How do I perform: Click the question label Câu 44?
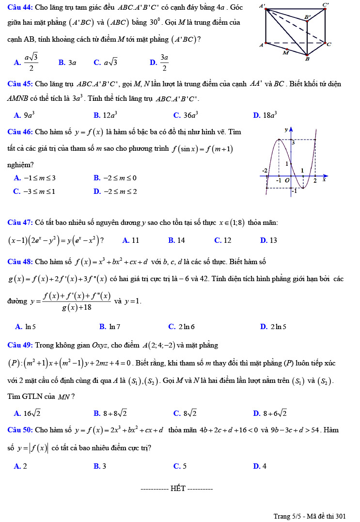(x=20, y=8)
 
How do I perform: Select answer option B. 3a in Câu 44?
(x=67, y=63)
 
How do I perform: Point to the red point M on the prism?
(x=287, y=49)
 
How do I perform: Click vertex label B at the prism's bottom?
(x=307, y=60)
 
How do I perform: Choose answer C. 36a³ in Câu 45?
(x=186, y=115)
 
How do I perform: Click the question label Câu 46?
(x=20, y=132)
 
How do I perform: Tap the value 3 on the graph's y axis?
(x=293, y=143)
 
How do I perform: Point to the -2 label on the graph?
(x=265, y=171)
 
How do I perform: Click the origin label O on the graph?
(x=287, y=180)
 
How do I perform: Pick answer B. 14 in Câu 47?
(x=176, y=240)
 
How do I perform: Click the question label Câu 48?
(x=20, y=262)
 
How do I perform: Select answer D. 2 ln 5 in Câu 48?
(x=273, y=327)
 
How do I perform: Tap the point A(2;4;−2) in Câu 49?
(x=163, y=346)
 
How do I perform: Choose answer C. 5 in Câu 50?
(x=180, y=466)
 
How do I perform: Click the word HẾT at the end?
(x=178, y=489)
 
